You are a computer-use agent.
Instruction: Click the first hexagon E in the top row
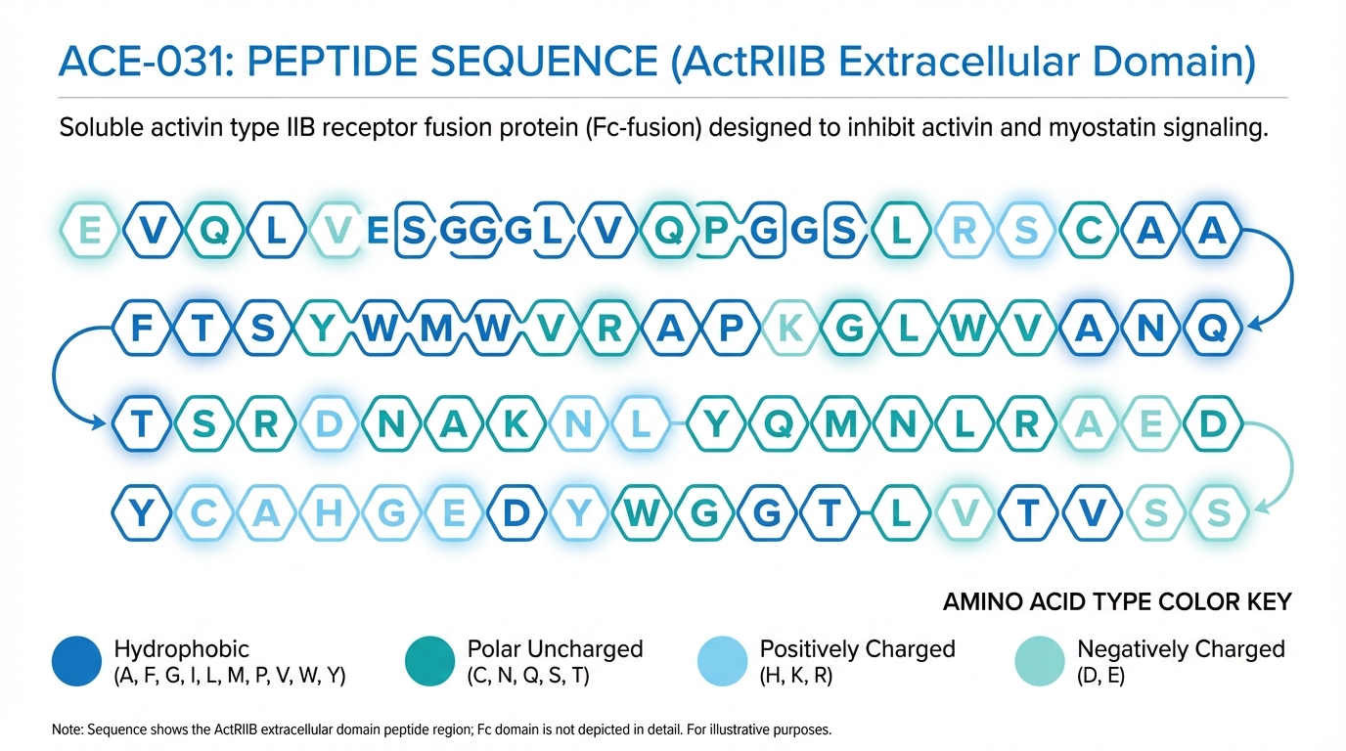(x=90, y=230)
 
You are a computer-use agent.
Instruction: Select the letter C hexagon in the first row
(x=1088, y=230)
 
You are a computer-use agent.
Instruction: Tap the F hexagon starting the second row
(x=142, y=328)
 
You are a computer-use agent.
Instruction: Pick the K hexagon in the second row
(x=790, y=328)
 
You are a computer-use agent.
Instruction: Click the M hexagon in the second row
(x=436, y=328)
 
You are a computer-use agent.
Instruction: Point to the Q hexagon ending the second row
(x=1212, y=328)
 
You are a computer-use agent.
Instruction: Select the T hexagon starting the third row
(x=142, y=423)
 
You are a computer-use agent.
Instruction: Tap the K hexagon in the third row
(x=516, y=423)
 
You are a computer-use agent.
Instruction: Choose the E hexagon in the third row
(x=1150, y=423)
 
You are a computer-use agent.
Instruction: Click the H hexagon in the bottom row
(x=328, y=513)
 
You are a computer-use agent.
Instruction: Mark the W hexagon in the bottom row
(x=642, y=513)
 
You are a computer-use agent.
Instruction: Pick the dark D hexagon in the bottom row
(x=516, y=513)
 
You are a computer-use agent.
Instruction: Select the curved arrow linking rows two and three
(x=54, y=375)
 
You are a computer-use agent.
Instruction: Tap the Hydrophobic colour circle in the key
(x=76, y=661)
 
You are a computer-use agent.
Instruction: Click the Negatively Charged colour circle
(x=1040, y=661)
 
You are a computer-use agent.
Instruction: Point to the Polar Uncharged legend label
(x=556, y=649)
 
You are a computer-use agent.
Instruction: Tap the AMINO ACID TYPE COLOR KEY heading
(x=1117, y=602)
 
